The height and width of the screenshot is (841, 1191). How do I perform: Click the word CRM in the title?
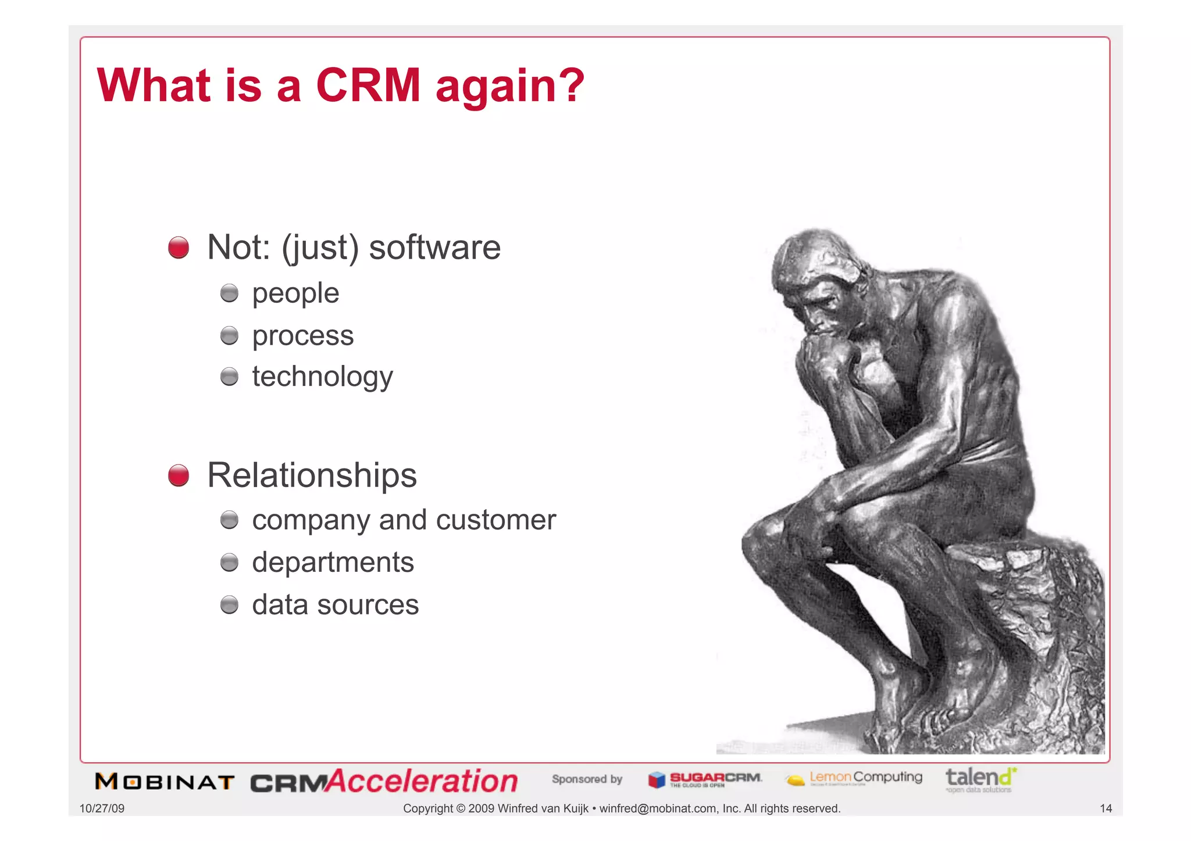tap(368, 85)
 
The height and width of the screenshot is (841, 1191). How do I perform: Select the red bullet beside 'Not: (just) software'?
tap(179, 248)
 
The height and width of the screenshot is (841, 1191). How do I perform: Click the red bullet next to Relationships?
tap(179, 475)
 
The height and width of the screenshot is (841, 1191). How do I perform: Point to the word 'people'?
tap(295, 294)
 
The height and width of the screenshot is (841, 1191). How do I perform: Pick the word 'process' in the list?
tap(302, 336)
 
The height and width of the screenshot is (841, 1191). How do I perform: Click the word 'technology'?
tap(322, 377)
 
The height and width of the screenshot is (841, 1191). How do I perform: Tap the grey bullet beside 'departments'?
tap(230, 563)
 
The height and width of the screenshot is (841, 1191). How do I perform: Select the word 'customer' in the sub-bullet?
tap(495, 520)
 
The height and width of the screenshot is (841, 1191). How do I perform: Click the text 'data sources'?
tap(335, 605)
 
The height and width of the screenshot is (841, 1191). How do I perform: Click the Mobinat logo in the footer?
tap(165, 782)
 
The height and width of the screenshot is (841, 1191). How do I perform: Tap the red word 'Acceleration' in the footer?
tap(422, 781)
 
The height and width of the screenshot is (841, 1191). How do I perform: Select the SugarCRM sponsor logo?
tap(705, 779)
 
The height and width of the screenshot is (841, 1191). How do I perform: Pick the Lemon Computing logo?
tap(854, 778)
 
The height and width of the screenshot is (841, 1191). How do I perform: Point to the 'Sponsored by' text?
tap(587, 779)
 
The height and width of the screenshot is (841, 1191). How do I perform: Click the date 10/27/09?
tap(102, 808)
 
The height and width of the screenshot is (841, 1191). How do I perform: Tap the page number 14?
tap(1106, 808)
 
